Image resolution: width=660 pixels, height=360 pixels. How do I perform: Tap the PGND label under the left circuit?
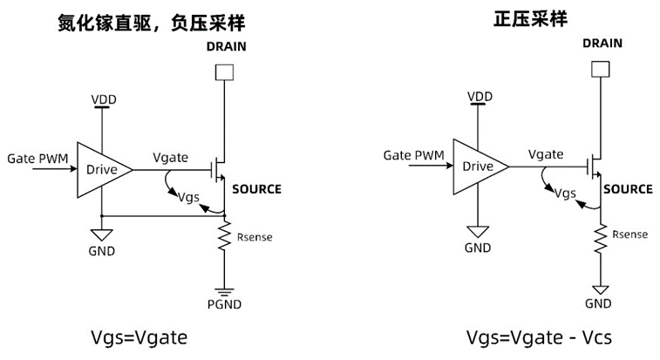click(x=224, y=304)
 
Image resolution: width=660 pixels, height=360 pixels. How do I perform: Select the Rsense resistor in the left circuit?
click(x=224, y=235)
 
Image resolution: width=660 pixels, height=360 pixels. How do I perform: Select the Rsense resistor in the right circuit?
click(x=600, y=239)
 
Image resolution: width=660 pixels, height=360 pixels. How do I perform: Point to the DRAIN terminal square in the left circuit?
click(x=224, y=72)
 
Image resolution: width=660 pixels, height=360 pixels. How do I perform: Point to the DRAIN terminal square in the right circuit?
click(x=600, y=69)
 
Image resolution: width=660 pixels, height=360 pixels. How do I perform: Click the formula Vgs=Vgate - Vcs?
click(x=539, y=337)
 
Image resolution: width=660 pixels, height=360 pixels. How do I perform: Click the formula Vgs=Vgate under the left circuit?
click(x=139, y=337)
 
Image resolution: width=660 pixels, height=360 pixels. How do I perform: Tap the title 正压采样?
click(x=530, y=19)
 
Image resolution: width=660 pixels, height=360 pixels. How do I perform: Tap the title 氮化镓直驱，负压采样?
click(x=151, y=23)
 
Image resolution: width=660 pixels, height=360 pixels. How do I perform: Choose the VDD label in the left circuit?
click(x=104, y=99)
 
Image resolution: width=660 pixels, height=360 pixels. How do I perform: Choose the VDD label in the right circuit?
click(x=480, y=97)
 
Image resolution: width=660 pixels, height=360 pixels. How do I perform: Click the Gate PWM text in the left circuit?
click(x=37, y=159)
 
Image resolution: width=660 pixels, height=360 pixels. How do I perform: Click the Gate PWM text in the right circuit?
click(x=414, y=155)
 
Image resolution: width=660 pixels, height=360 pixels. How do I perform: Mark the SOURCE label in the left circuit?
click(x=256, y=189)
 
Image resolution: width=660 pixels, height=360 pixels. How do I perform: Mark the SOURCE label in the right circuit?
click(x=628, y=189)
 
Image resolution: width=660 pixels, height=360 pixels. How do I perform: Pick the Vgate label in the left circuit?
click(x=171, y=158)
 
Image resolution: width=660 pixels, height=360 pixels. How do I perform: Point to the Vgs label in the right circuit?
click(x=565, y=194)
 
